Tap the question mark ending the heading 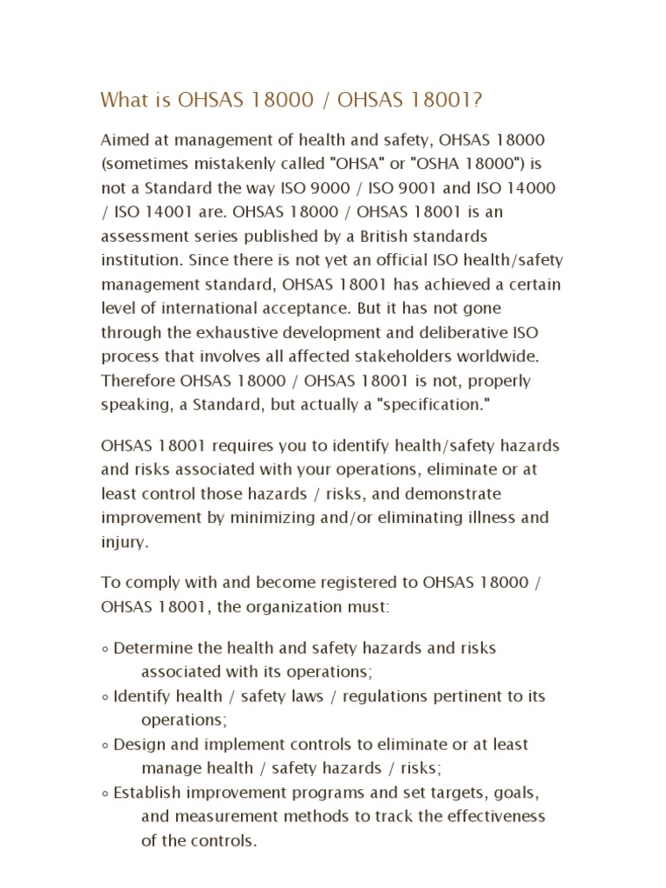[x=477, y=101]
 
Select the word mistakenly [x=221, y=164]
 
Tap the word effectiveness [x=496, y=817]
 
